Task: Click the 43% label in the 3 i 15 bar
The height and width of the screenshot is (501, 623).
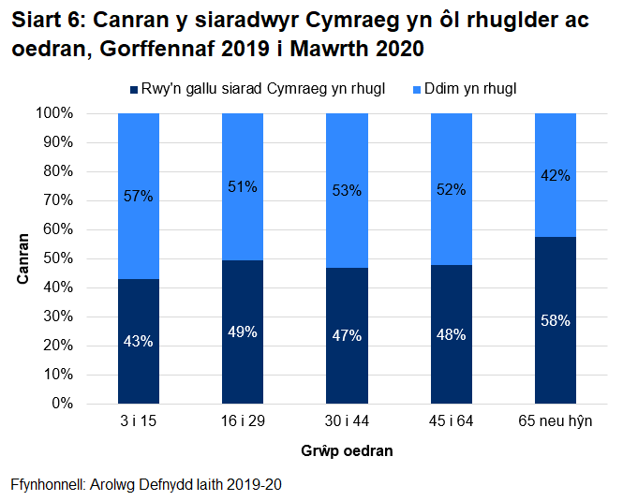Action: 138,341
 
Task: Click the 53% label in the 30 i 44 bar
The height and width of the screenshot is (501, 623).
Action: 347,192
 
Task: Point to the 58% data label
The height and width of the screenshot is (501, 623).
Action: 555,319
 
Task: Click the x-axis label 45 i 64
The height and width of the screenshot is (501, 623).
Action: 451,421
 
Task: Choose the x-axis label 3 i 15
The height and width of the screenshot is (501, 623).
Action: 138,421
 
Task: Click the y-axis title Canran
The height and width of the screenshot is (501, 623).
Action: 22,258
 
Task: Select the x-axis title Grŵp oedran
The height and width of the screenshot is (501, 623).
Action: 347,450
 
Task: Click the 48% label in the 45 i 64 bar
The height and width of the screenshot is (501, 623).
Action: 451,334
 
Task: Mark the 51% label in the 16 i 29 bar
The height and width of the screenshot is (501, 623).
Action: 242,186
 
